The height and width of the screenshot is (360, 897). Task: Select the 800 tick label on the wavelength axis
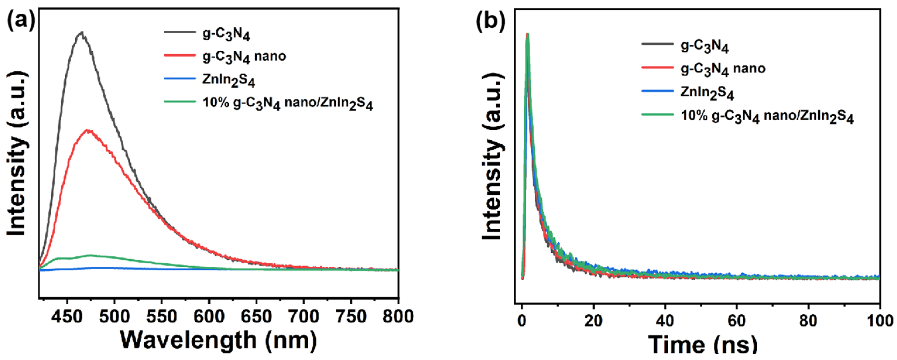[398, 316]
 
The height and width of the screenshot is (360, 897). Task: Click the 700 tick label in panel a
[303, 316]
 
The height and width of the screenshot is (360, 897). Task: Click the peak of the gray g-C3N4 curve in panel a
[82, 33]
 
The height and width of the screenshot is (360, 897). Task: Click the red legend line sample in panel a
[180, 55]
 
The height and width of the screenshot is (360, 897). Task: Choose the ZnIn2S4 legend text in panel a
[228, 80]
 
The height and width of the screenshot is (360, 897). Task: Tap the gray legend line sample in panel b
[657, 44]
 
